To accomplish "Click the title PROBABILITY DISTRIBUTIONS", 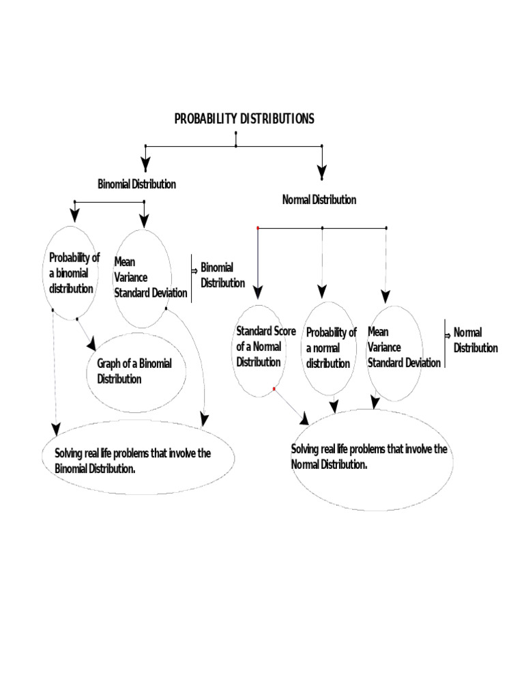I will (x=244, y=119).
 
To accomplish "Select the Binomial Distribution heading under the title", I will (x=136, y=184).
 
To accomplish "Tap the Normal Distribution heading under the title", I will (x=319, y=200).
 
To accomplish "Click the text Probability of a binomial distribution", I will (x=74, y=273).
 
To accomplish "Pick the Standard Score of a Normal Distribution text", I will (x=266, y=347).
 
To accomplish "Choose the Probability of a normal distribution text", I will (x=331, y=348).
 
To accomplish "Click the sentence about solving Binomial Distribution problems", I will (x=132, y=461).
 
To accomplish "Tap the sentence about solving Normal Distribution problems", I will (x=369, y=457).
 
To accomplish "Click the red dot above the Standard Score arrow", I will (x=258, y=227).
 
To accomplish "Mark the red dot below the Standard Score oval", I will (x=274, y=389).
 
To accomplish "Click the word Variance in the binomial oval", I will (x=131, y=277).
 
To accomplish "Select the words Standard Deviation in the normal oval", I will (x=404, y=362).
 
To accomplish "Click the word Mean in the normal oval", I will (x=378, y=332).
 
